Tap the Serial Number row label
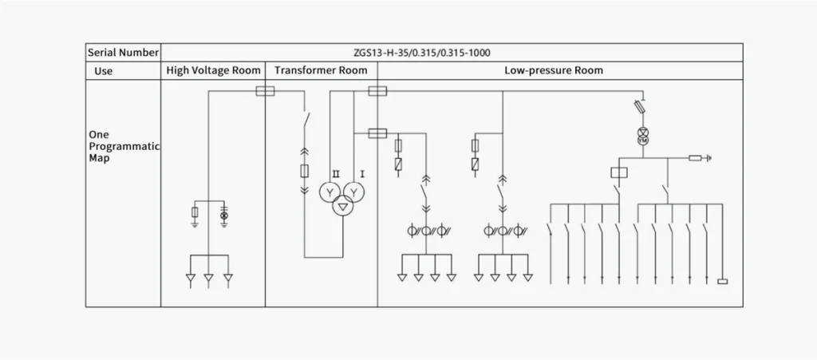(x=122, y=53)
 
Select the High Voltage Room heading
(x=213, y=70)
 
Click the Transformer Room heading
(x=321, y=70)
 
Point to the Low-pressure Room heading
(x=554, y=70)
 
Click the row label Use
(x=103, y=70)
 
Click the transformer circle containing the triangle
(x=342, y=207)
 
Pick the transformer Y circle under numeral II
(x=330, y=192)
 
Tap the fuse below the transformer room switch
(x=304, y=171)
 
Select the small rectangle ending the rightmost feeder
(x=723, y=281)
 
